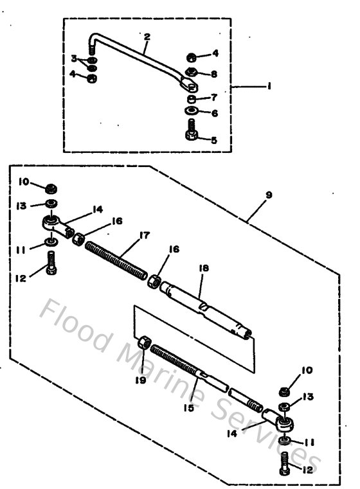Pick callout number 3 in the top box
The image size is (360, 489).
pos(75,58)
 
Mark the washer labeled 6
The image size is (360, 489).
pos(193,112)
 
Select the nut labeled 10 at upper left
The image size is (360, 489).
pos(51,188)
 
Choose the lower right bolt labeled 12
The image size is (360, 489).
pos(286,463)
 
